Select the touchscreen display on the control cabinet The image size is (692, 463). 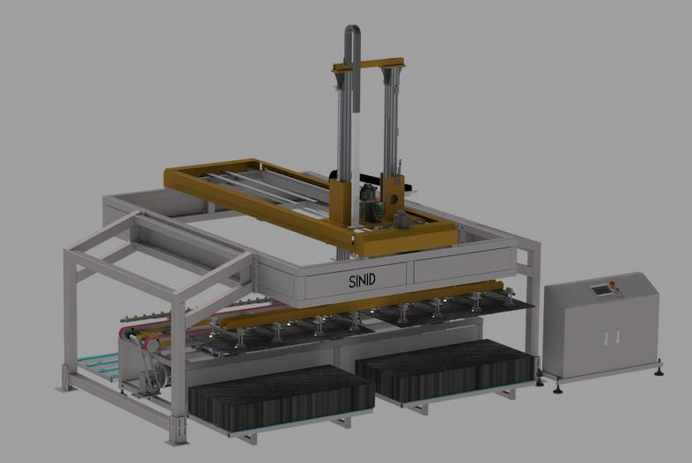point(599,288)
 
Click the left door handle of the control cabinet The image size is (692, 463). point(601,338)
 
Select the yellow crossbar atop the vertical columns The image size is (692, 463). point(368,64)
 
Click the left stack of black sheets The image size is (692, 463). point(280,395)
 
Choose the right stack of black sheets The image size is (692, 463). point(445,364)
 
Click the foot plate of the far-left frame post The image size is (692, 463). point(64,386)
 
